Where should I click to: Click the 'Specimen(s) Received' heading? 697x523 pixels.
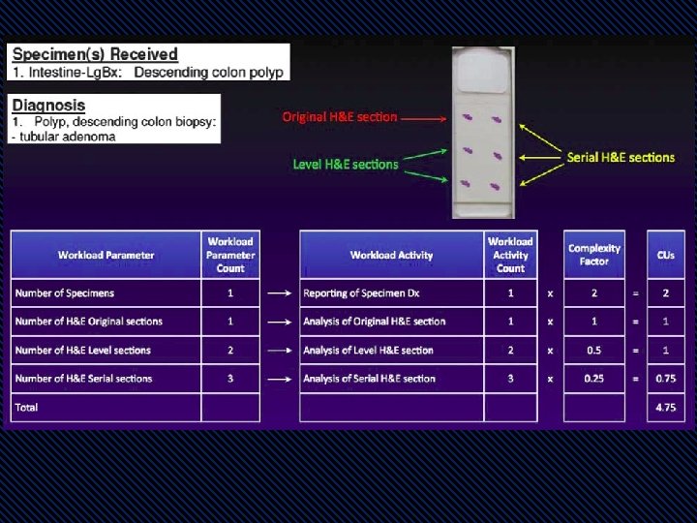[95, 55]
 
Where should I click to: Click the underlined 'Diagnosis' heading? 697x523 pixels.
[48, 105]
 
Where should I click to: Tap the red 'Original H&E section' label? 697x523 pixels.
[340, 117]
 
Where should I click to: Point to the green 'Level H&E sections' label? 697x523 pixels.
[346, 165]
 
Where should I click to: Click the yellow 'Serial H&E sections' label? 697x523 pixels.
[621, 157]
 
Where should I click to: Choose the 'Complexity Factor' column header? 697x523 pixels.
[594, 255]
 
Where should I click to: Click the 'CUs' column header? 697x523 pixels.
[665, 256]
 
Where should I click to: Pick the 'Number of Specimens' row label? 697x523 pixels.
[64, 293]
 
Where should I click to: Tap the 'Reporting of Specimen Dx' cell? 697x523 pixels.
[361, 293]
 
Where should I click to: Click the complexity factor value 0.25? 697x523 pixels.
[594, 379]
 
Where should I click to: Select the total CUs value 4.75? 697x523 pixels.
[665, 408]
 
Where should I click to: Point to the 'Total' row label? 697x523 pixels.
[27, 408]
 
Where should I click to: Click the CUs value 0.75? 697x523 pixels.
[665, 379]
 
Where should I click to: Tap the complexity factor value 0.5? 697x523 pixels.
[594, 350]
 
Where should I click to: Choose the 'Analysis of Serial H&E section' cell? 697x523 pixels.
[369, 379]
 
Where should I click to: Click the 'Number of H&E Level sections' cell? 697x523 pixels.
[82, 350]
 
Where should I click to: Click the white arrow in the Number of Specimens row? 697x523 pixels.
[280, 293]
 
